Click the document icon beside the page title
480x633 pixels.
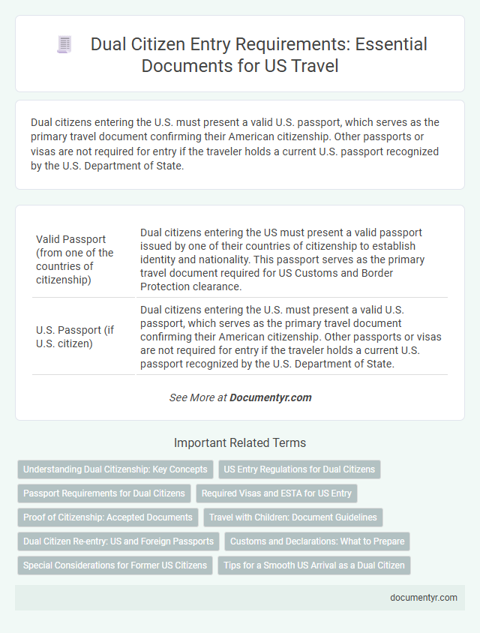(x=65, y=45)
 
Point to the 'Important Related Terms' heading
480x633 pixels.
(x=239, y=442)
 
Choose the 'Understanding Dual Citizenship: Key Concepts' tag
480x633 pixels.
(x=115, y=469)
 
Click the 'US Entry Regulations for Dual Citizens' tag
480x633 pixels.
(x=300, y=469)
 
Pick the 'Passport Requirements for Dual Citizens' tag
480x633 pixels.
(x=104, y=493)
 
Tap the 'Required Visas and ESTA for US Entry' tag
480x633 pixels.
(x=277, y=493)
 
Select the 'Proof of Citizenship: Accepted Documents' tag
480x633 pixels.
(x=107, y=517)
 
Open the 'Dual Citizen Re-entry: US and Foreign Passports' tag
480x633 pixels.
(x=118, y=541)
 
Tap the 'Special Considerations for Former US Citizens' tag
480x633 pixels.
(x=115, y=565)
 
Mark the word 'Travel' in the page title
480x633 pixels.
(x=309, y=66)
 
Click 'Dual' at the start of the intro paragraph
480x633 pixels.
(x=43, y=122)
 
